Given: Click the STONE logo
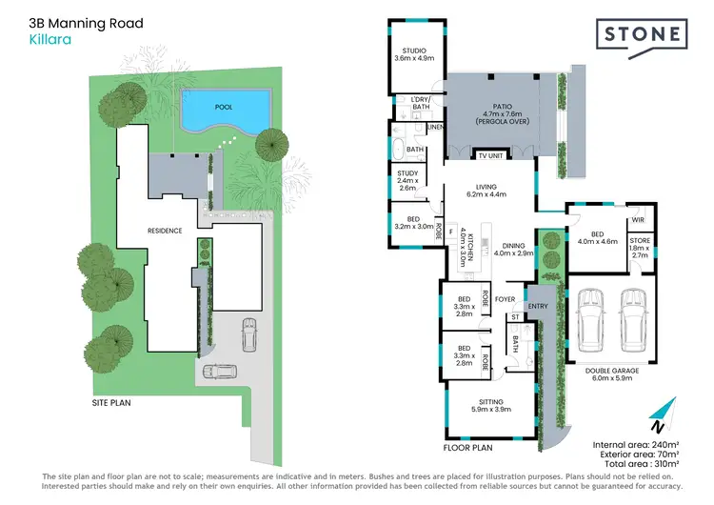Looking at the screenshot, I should click(x=644, y=36).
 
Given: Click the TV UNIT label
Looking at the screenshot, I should click(x=489, y=155).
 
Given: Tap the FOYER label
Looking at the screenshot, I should click(x=506, y=298).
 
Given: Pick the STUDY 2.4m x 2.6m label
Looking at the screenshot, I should click(x=407, y=180).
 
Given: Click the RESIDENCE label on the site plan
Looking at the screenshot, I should click(x=165, y=230).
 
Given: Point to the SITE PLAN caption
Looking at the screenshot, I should click(x=111, y=402).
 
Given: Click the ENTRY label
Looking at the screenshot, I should click(x=538, y=307).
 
